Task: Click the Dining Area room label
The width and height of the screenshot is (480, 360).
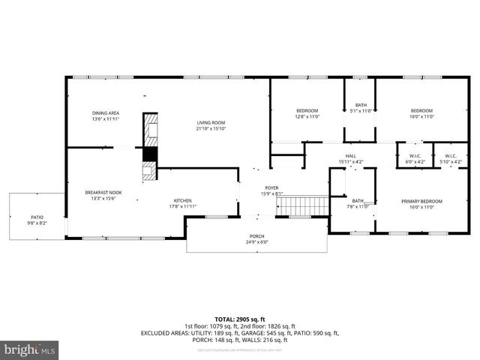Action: pyautogui.click(x=106, y=113)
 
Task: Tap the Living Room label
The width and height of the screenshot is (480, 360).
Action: pyautogui.click(x=211, y=123)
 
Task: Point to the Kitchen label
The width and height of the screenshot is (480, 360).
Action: pyautogui.click(x=183, y=200)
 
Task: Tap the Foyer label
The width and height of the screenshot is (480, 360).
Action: pyautogui.click(x=271, y=187)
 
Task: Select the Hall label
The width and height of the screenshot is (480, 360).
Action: pyautogui.click(x=350, y=155)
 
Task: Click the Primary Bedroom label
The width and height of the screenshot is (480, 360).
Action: pyautogui.click(x=421, y=201)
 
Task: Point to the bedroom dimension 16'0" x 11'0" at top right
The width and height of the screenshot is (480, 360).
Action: pyautogui.click(x=421, y=117)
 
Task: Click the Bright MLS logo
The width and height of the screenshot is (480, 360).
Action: pyautogui.click(x=30, y=349)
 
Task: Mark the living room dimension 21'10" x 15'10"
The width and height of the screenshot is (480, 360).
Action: pyautogui.click(x=211, y=128)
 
